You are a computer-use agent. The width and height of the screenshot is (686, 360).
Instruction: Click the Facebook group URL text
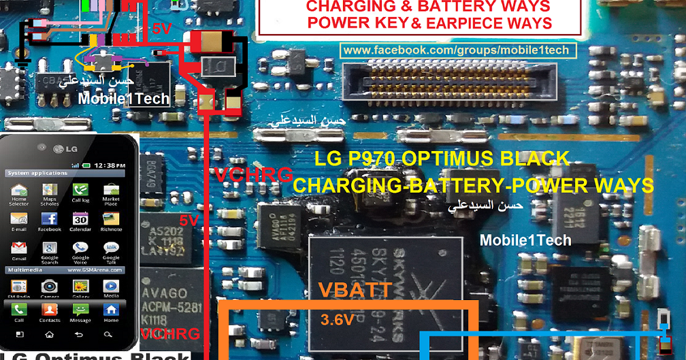click(x=456, y=50)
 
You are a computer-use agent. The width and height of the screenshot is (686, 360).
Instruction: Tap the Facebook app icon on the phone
click(x=50, y=219)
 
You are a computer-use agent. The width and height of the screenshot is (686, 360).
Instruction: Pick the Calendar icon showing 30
click(x=80, y=219)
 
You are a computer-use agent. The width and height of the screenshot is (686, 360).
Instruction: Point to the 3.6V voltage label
click(x=337, y=318)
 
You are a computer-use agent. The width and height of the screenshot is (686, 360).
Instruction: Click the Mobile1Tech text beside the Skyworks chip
click(x=525, y=240)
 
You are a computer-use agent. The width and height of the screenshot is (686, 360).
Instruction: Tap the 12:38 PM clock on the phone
click(x=109, y=165)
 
